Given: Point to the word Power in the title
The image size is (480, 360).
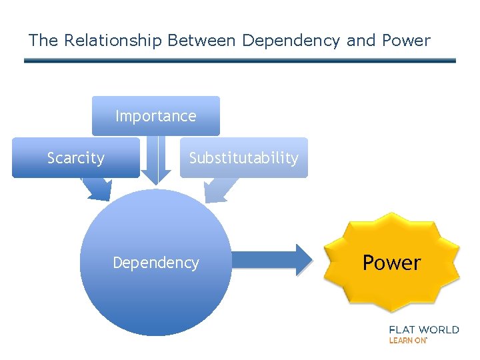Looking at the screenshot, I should tap(406, 41).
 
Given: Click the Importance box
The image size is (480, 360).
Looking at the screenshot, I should tap(155, 116).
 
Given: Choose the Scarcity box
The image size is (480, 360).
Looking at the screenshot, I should tap(75, 158).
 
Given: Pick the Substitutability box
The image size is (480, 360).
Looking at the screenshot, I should tap(243, 158).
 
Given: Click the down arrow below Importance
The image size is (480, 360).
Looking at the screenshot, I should tap(155, 163).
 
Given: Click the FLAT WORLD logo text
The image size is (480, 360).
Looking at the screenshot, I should tap(423, 329).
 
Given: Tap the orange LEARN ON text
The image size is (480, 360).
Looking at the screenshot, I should tap(407, 340).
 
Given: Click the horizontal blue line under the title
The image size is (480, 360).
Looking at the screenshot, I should tap(240, 61).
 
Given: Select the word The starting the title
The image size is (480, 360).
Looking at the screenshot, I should tap(43, 41).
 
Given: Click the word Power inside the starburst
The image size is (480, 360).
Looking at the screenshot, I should tap(392, 263).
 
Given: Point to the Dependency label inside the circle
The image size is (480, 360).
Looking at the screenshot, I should tap(155, 263).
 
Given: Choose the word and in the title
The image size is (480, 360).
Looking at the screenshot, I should tap(361, 41).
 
